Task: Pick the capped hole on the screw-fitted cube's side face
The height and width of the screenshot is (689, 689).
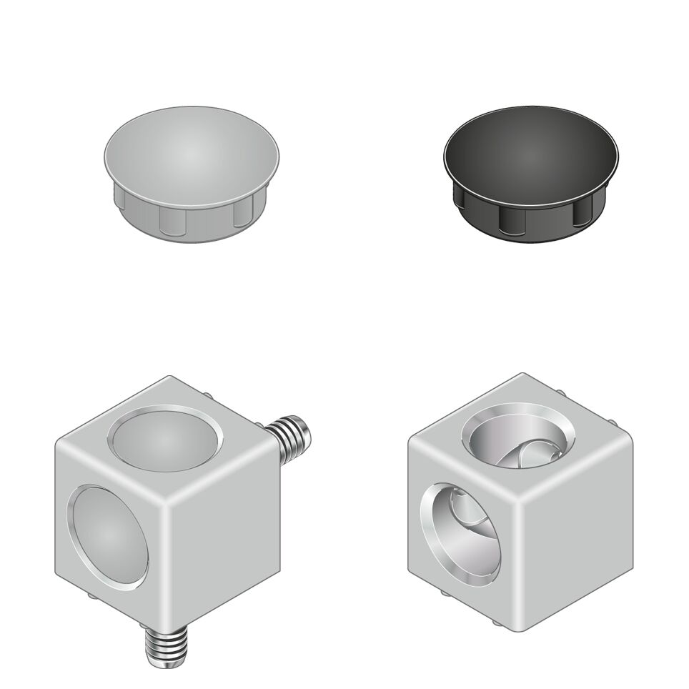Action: [x=104, y=536]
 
